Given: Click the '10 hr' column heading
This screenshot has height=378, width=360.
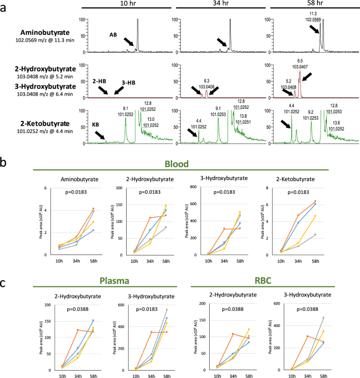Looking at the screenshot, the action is coord(128,3).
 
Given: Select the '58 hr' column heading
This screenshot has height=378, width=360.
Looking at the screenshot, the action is coord(315,3).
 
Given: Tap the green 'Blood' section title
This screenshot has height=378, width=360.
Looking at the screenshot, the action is coord(177,164).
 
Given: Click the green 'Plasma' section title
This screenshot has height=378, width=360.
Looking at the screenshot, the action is coord(115,281).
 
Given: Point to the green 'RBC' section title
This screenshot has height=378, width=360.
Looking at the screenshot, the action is coord(263,281).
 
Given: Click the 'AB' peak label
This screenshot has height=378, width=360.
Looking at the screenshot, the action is coord(113,35).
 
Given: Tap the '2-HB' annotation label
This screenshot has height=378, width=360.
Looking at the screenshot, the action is coord(99,81).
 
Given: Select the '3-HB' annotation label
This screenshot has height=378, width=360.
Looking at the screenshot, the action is coord(128,83).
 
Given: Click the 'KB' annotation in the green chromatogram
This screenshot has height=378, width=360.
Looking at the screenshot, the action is coord(96,125).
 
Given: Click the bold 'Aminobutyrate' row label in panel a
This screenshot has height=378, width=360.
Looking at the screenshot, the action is coord(45,33).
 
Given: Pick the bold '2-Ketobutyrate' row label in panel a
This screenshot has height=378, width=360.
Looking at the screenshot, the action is coord(45,124).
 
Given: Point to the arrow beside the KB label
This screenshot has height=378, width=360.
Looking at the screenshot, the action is coord(100,135).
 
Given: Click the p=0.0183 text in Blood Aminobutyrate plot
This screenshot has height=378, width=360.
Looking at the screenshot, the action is coord(76,192).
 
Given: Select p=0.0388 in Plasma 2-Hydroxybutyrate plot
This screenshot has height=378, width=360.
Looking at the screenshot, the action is coord(78,309).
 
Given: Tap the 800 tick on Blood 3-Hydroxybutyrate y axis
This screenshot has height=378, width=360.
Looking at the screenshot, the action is coord(193,187).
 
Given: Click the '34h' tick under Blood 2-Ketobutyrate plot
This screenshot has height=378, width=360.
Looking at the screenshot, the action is coord(298,261).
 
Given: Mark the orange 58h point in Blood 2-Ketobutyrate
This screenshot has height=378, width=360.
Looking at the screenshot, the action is coord(315,201).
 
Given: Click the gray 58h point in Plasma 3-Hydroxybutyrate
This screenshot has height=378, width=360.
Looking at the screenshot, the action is coord(167,310).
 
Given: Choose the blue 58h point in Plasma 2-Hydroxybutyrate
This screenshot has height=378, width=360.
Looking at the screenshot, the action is coord(93,320).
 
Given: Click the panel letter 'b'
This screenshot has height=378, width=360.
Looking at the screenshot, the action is coord(3,162).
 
